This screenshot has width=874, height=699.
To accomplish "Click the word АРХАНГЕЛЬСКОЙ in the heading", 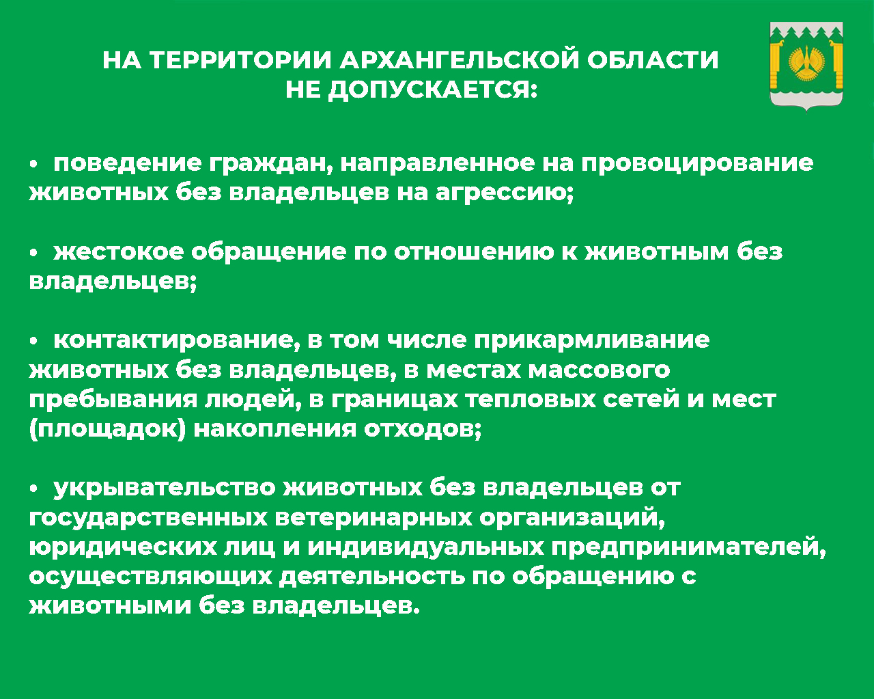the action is (x=460, y=61).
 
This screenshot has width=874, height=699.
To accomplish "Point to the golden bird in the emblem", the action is (x=806, y=63).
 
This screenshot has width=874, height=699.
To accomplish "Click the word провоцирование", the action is (x=697, y=165).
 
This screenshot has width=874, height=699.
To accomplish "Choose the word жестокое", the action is (x=118, y=252).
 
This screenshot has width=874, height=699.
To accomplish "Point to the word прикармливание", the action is (x=591, y=340).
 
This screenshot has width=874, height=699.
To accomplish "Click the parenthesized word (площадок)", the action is (x=107, y=430).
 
